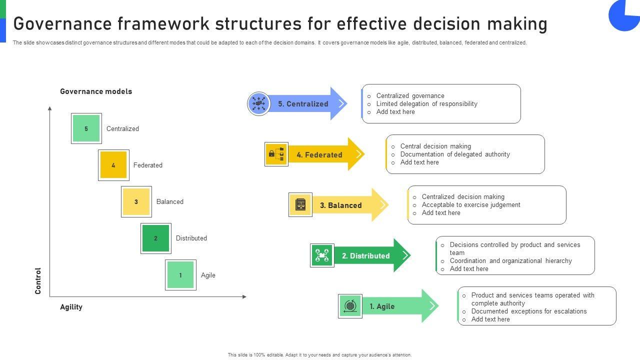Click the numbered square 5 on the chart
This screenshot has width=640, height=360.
[86, 128]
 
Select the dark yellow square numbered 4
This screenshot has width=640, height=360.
[113, 165]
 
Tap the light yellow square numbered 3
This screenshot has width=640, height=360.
[136, 202]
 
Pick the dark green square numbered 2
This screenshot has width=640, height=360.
[155, 238]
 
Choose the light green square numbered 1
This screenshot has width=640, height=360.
[180, 275]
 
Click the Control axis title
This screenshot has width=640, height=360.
[38, 280]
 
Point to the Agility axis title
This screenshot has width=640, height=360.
[71, 307]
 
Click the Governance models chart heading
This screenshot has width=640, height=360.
[96, 91]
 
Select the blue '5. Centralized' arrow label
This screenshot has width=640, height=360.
[303, 104]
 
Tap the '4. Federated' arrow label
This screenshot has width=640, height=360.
[319, 155]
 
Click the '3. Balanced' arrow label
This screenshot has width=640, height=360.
[340, 205]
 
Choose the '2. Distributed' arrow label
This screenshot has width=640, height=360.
[365, 256]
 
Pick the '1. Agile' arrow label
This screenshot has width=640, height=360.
[382, 306]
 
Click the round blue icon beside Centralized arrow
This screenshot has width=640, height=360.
[258, 104]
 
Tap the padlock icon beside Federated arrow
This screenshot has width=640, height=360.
[276, 154]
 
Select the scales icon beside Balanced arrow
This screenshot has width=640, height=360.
[300, 204]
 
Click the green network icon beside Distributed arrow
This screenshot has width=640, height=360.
[322, 255]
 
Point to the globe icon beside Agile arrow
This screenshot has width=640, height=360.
[350, 306]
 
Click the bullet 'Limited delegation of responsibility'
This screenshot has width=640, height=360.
[426, 104]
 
